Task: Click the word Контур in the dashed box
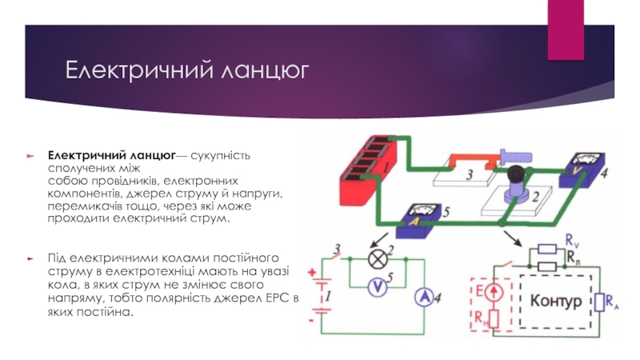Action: coord(555,300)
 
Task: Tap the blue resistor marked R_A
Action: coord(599,303)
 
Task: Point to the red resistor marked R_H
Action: coord(494,320)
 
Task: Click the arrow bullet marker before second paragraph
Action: coord(30,259)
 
